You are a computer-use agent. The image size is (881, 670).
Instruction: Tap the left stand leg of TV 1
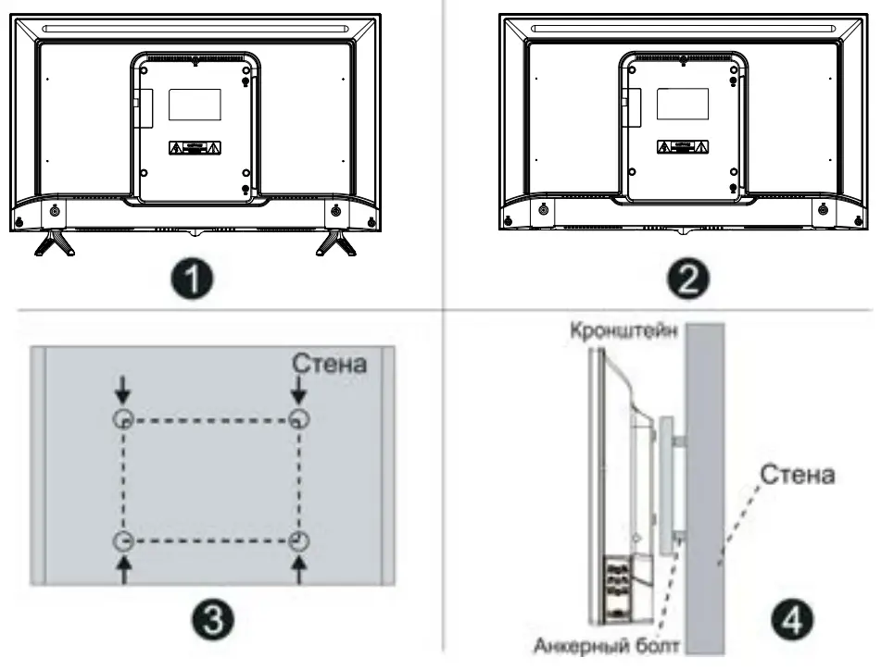point(54,242)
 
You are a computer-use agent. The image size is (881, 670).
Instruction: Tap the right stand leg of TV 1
point(334,242)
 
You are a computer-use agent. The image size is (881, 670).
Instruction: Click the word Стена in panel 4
point(798,474)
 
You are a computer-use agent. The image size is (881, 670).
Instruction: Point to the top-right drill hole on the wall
point(298,418)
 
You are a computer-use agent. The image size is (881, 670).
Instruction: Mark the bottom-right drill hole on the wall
point(298,541)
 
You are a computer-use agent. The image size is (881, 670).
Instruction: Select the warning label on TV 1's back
point(195,148)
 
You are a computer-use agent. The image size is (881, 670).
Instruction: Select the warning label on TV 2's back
point(683,146)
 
